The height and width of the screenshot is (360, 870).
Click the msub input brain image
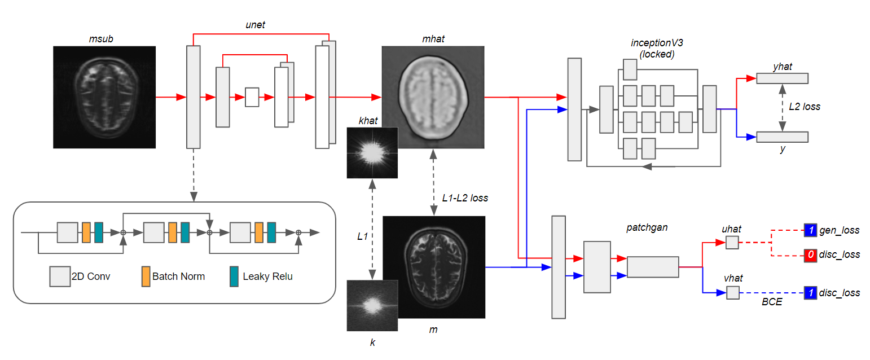point(104,97)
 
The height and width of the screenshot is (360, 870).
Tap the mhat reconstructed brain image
point(433,97)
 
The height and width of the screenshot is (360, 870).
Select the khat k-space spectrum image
point(372,153)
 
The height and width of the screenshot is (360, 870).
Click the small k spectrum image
point(372,305)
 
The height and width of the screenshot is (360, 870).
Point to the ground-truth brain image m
point(433,267)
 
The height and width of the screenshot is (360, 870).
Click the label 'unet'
point(255,25)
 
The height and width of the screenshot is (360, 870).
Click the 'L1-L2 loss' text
point(465,198)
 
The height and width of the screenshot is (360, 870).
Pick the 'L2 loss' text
point(805,106)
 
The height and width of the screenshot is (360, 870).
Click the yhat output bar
point(781,78)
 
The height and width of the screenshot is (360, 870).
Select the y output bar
point(781,137)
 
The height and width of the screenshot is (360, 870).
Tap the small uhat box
point(732,243)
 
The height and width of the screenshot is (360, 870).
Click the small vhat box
point(732,292)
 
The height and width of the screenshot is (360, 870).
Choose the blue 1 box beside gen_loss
point(810,230)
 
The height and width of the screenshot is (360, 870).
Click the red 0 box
point(810,255)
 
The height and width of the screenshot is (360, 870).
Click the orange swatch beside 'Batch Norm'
point(146,276)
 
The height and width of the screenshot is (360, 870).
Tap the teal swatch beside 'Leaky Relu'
point(234,276)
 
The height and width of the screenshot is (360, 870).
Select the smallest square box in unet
point(252,97)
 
